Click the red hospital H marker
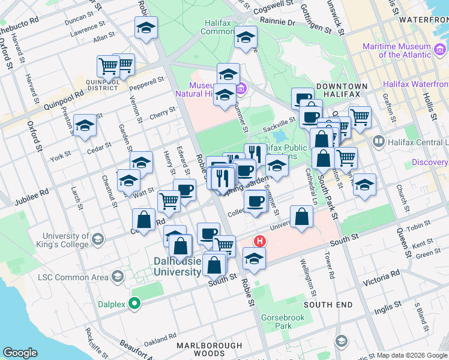(x=260, y=241)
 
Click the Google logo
(x=20, y=353)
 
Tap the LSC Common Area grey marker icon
(x=117, y=277)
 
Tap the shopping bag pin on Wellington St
(x=301, y=217)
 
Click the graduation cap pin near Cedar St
(x=85, y=125)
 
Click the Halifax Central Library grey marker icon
(x=379, y=142)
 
